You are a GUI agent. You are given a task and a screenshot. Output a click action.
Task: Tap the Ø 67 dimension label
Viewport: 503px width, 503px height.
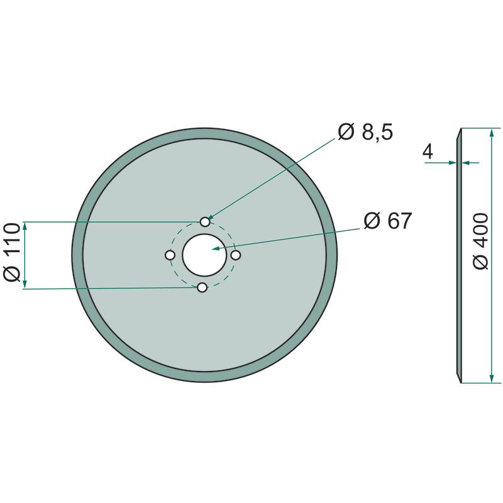[387, 221]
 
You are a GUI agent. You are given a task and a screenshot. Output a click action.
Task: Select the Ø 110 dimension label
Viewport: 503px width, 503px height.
[13, 253]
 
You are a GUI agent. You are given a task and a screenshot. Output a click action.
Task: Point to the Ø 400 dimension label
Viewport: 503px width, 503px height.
[480, 241]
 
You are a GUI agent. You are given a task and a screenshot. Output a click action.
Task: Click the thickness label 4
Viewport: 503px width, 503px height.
[428, 152]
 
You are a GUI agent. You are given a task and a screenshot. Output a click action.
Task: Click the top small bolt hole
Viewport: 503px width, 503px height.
[205, 222]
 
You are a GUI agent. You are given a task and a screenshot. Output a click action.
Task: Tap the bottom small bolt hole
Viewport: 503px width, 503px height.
[202, 288]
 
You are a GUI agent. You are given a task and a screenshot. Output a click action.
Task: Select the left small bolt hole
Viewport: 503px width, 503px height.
[170, 255]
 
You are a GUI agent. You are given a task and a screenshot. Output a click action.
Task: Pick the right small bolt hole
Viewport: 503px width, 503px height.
[236, 255]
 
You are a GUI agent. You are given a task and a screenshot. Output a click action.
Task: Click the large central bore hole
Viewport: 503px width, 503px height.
[204, 255]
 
